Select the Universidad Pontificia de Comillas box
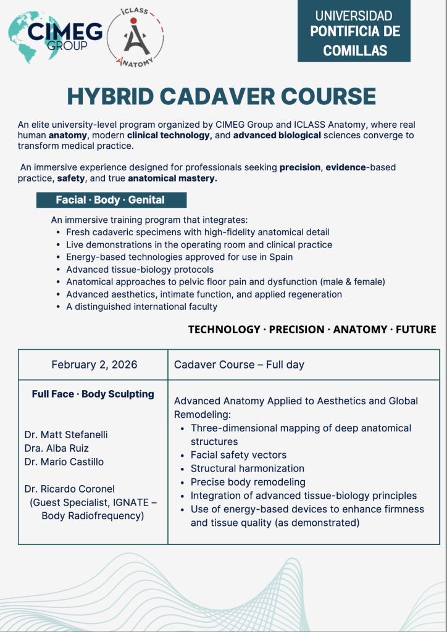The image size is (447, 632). (354, 32)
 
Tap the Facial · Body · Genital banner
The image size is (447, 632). (111, 200)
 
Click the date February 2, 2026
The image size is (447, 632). (94, 365)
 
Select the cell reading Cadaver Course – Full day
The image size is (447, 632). (239, 365)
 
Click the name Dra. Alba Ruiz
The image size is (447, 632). (57, 448)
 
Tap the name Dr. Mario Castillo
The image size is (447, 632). (64, 462)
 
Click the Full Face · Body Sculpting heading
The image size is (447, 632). (93, 394)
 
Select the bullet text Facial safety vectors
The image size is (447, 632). (238, 455)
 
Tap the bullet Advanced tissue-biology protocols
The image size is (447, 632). (140, 269)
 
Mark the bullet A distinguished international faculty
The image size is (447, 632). (142, 306)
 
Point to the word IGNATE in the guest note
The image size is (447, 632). (134, 502)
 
